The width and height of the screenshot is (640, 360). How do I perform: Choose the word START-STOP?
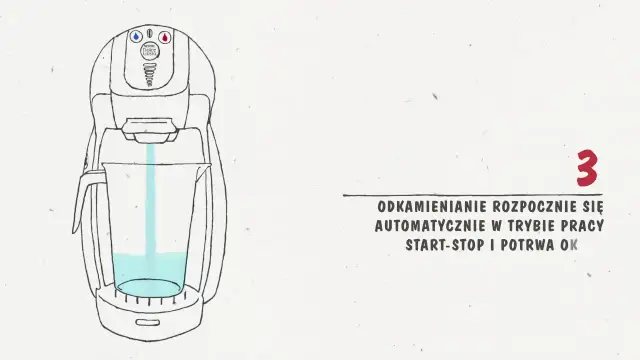[446, 244]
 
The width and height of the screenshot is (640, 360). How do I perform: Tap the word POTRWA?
[529, 244]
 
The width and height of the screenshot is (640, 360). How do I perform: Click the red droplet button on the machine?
[167, 36]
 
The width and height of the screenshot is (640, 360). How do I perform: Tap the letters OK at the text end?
[569, 244]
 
